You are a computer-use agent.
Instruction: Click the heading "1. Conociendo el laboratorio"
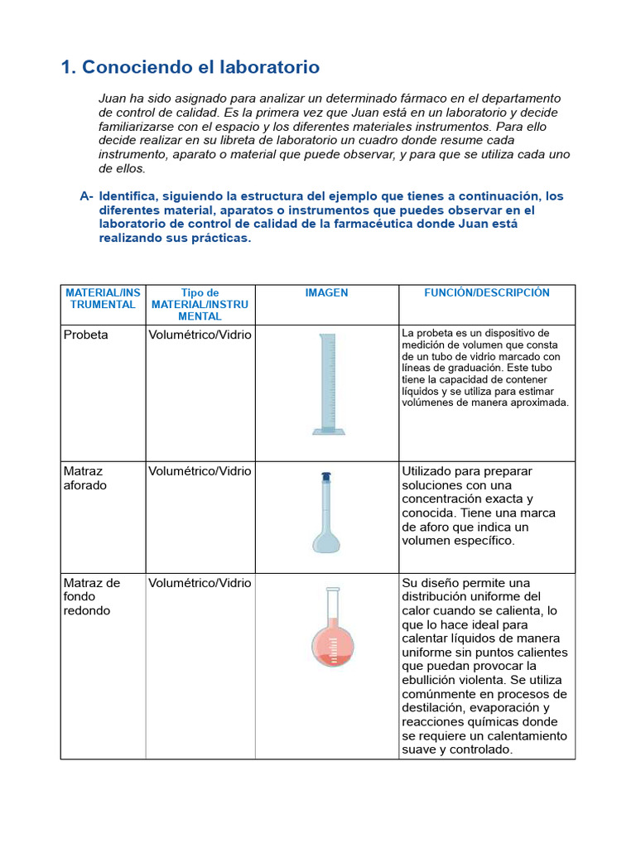pyautogui.click(x=190, y=67)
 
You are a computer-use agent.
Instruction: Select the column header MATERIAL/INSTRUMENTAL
pyautogui.click(x=103, y=299)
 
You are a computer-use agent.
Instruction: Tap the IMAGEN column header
pyautogui.click(x=326, y=293)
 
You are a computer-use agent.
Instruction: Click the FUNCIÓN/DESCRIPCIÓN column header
pyautogui.click(x=486, y=293)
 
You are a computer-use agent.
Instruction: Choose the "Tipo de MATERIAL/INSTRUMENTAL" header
pyautogui.click(x=200, y=305)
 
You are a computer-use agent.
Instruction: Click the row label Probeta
pyautogui.click(x=85, y=335)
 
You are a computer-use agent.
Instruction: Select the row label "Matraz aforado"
pyautogui.click(x=85, y=479)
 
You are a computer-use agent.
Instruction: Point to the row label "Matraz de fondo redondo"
pyautogui.click(x=92, y=596)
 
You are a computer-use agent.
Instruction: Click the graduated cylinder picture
pyautogui.click(x=328, y=383)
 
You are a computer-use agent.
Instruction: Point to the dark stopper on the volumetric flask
pyautogui.click(x=325, y=477)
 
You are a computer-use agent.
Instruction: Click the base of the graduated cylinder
pyautogui.click(x=328, y=430)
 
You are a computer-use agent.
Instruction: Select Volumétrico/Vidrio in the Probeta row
pyautogui.click(x=200, y=335)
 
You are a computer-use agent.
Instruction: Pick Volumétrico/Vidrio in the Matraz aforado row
pyautogui.click(x=200, y=471)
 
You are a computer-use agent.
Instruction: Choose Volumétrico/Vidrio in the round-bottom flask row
pyautogui.click(x=200, y=583)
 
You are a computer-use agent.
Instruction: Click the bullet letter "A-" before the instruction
pyautogui.click(x=87, y=196)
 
